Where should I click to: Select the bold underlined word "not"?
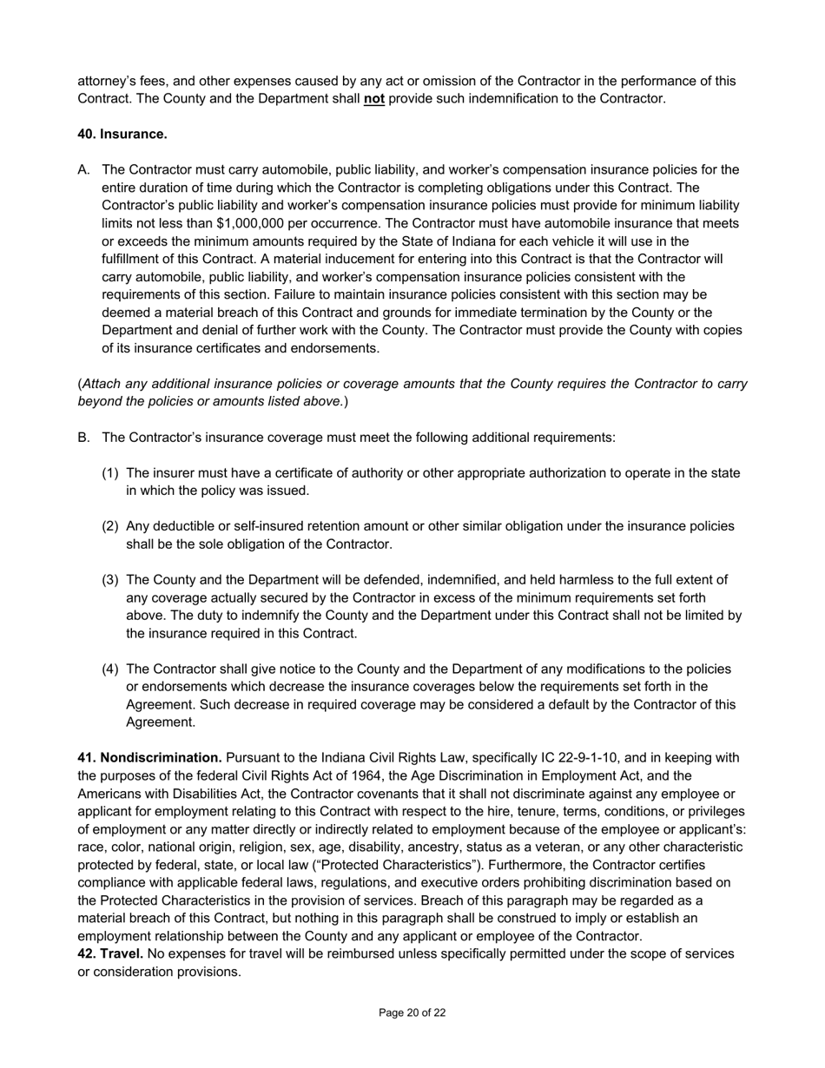click(x=374, y=99)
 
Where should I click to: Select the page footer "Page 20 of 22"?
click(x=412, y=1012)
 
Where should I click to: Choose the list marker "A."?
click(x=84, y=170)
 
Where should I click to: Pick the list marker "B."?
click(x=84, y=438)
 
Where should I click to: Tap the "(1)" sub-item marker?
click(x=110, y=473)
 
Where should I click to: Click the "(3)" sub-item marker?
click(x=110, y=580)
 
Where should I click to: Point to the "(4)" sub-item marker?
click(x=110, y=669)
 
